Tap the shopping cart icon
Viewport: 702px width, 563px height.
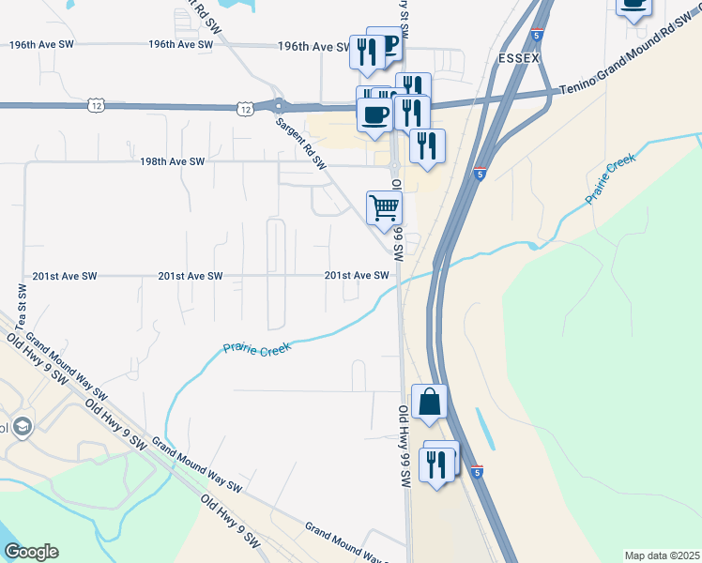pos(384,206)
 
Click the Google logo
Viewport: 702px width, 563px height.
pos(31,552)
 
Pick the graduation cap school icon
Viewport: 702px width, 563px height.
pos(23,427)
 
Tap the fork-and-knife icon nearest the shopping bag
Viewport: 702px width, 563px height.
pos(436,464)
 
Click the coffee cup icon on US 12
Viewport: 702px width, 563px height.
pos(375,114)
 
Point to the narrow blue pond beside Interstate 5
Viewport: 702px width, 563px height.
pos(484,429)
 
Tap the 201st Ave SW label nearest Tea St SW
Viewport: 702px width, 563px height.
pos(65,276)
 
